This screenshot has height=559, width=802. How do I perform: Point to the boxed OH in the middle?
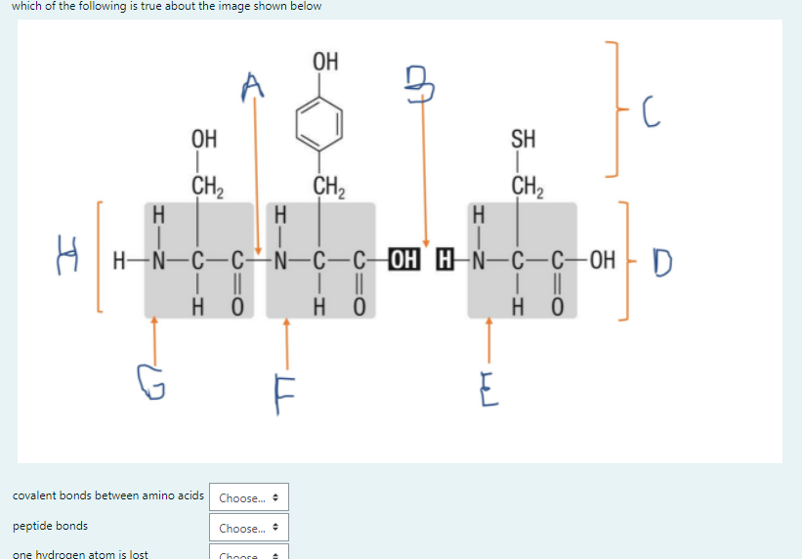click(x=402, y=261)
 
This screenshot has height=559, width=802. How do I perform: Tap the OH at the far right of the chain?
click(x=603, y=261)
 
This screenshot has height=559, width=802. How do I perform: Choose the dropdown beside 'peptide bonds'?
click(x=247, y=528)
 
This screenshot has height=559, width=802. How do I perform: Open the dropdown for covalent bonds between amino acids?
click(x=247, y=498)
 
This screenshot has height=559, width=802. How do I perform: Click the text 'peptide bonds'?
click(x=50, y=526)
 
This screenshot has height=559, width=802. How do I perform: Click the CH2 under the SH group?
click(x=526, y=184)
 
